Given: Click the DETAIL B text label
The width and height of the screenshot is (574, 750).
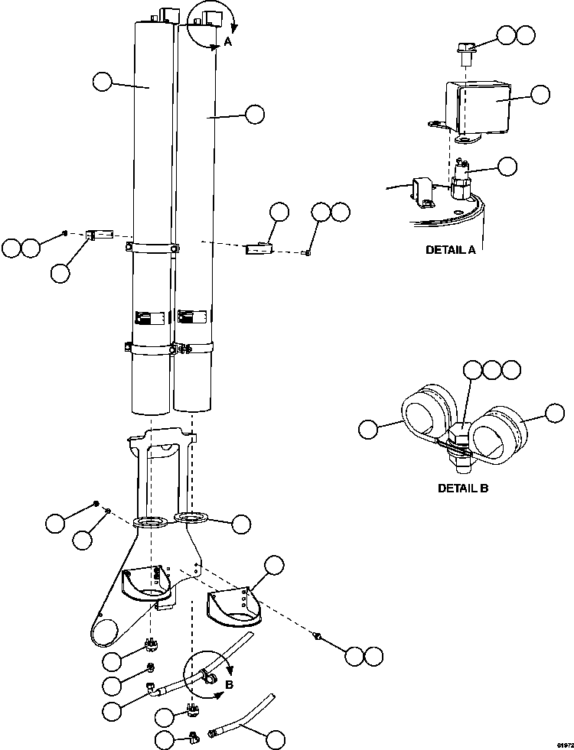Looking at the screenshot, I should [462, 487].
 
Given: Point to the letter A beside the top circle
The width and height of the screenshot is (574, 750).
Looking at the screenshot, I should [227, 44].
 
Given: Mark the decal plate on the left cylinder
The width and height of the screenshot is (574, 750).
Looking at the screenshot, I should [148, 317].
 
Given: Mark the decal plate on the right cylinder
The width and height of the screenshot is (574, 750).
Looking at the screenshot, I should [191, 317].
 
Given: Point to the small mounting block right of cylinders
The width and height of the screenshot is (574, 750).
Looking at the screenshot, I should [258, 247].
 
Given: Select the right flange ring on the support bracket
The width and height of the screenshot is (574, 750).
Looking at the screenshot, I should [191, 518].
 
